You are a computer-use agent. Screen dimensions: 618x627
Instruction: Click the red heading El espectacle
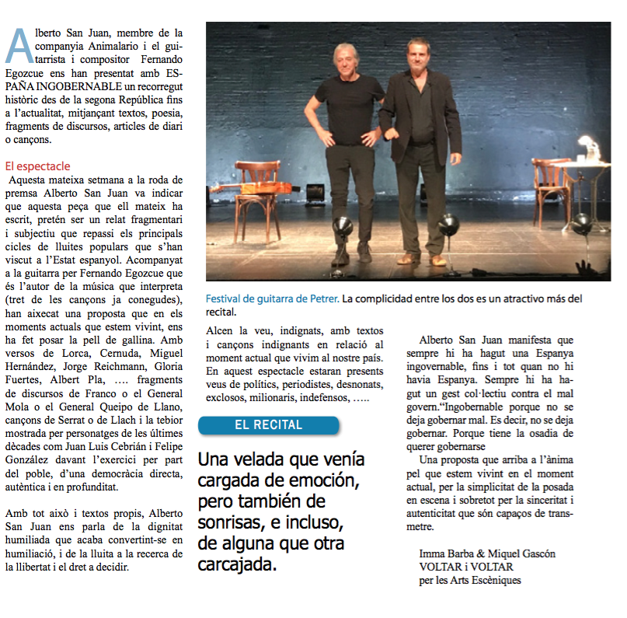pyautogui.click(x=37, y=166)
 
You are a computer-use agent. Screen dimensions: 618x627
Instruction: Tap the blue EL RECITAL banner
pyautogui.click(x=269, y=425)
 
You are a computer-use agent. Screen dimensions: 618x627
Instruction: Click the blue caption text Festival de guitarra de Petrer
pyautogui.click(x=273, y=299)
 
